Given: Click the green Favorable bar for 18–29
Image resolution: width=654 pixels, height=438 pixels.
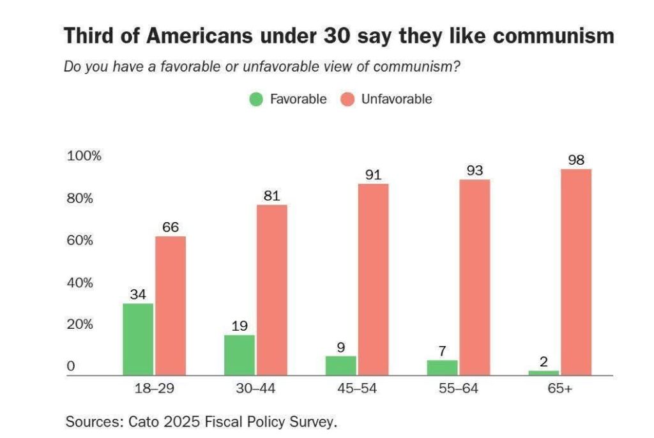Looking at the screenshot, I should pyautogui.click(x=137, y=339).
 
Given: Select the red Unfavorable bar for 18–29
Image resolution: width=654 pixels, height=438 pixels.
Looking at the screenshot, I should pyautogui.click(x=171, y=306).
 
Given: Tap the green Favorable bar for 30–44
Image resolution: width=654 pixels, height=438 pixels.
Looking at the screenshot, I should pyautogui.click(x=239, y=355).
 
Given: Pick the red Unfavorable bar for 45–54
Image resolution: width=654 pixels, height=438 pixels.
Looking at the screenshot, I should pyautogui.click(x=374, y=280).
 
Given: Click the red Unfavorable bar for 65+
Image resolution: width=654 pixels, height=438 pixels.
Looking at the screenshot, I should pyautogui.click(x=576, y=272).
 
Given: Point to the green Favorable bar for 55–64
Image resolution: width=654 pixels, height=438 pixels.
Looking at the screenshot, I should pyautogui.click(x=442, y=368).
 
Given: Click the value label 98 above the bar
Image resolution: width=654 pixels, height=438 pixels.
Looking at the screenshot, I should pyautogui.click(x=576, y=160).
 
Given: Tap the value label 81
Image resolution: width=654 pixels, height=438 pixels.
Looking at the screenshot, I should pyautogui.click(x=272, y=195).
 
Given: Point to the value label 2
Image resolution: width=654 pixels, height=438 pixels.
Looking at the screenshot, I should pyautogui.click(x=544, y=361).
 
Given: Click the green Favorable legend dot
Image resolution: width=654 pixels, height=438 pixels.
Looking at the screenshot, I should pyautogui.click(x=256, y=100).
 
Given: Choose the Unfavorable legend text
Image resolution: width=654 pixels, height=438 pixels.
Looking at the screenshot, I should pyautogui.click(x=396, y=100).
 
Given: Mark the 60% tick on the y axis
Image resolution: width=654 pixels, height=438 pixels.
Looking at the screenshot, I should pyautogui.click(x=80, y=241).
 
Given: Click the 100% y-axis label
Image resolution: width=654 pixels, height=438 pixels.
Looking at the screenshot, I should pyautogui.click(x=84, y=156).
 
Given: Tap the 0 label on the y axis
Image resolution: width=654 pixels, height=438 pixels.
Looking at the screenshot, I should pyautogui.click(x=72, y=367).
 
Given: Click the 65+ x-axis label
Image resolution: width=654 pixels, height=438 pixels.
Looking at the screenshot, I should pyautogui.click(x=559, y=389).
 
